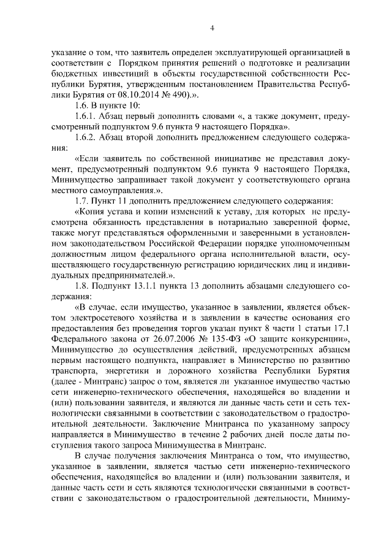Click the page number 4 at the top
[211, 28]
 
